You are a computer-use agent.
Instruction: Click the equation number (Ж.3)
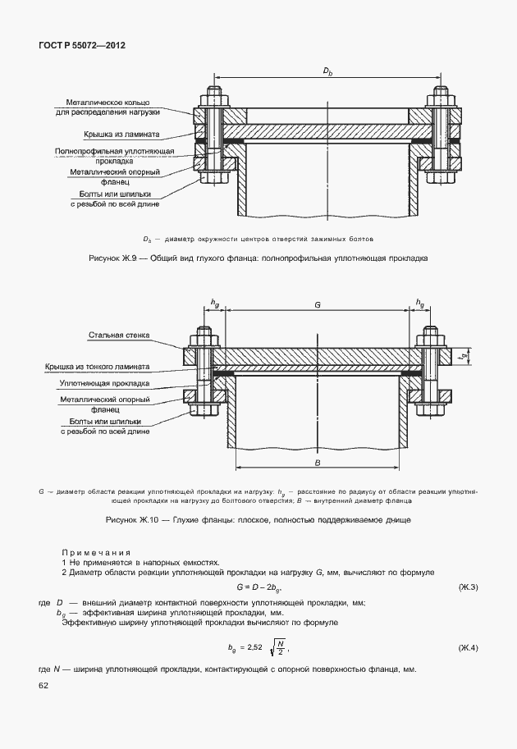pos(468,587)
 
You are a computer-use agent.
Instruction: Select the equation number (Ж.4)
pos(468,648)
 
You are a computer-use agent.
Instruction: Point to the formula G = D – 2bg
pos(258,587)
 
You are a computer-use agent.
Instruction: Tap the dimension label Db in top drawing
pos(327,73)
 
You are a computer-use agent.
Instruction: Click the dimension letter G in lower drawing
pos(317,304)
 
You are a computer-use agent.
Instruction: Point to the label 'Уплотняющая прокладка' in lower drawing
pos(104,382)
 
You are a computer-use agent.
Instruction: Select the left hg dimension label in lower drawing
pos(215,304)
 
